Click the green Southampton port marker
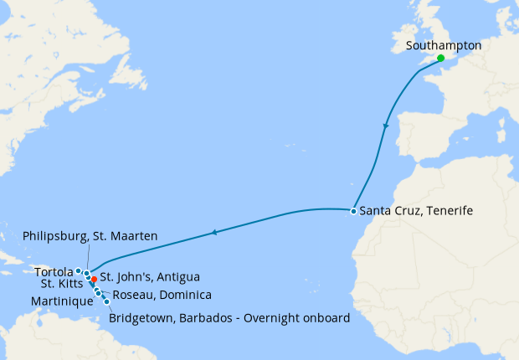click(x=441, y=59)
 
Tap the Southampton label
click(x=443, y=46)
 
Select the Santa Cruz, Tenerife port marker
click(x=354, y=211)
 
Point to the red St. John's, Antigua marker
click(x=94, y=279)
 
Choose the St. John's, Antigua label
click(x=150, y=277)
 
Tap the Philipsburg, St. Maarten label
click(x=90, y=237)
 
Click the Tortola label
click(x=54, y=271)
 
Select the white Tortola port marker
click(x=78, y=270)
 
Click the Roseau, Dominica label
click(x=162, y=295)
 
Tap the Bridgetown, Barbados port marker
click(x=106, y=301)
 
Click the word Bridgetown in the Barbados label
click(x=143, y=317)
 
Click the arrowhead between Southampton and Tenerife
click(x=385, y=126)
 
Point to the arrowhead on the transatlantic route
click(x=214, y=232)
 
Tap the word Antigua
click(x=179, y=277)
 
